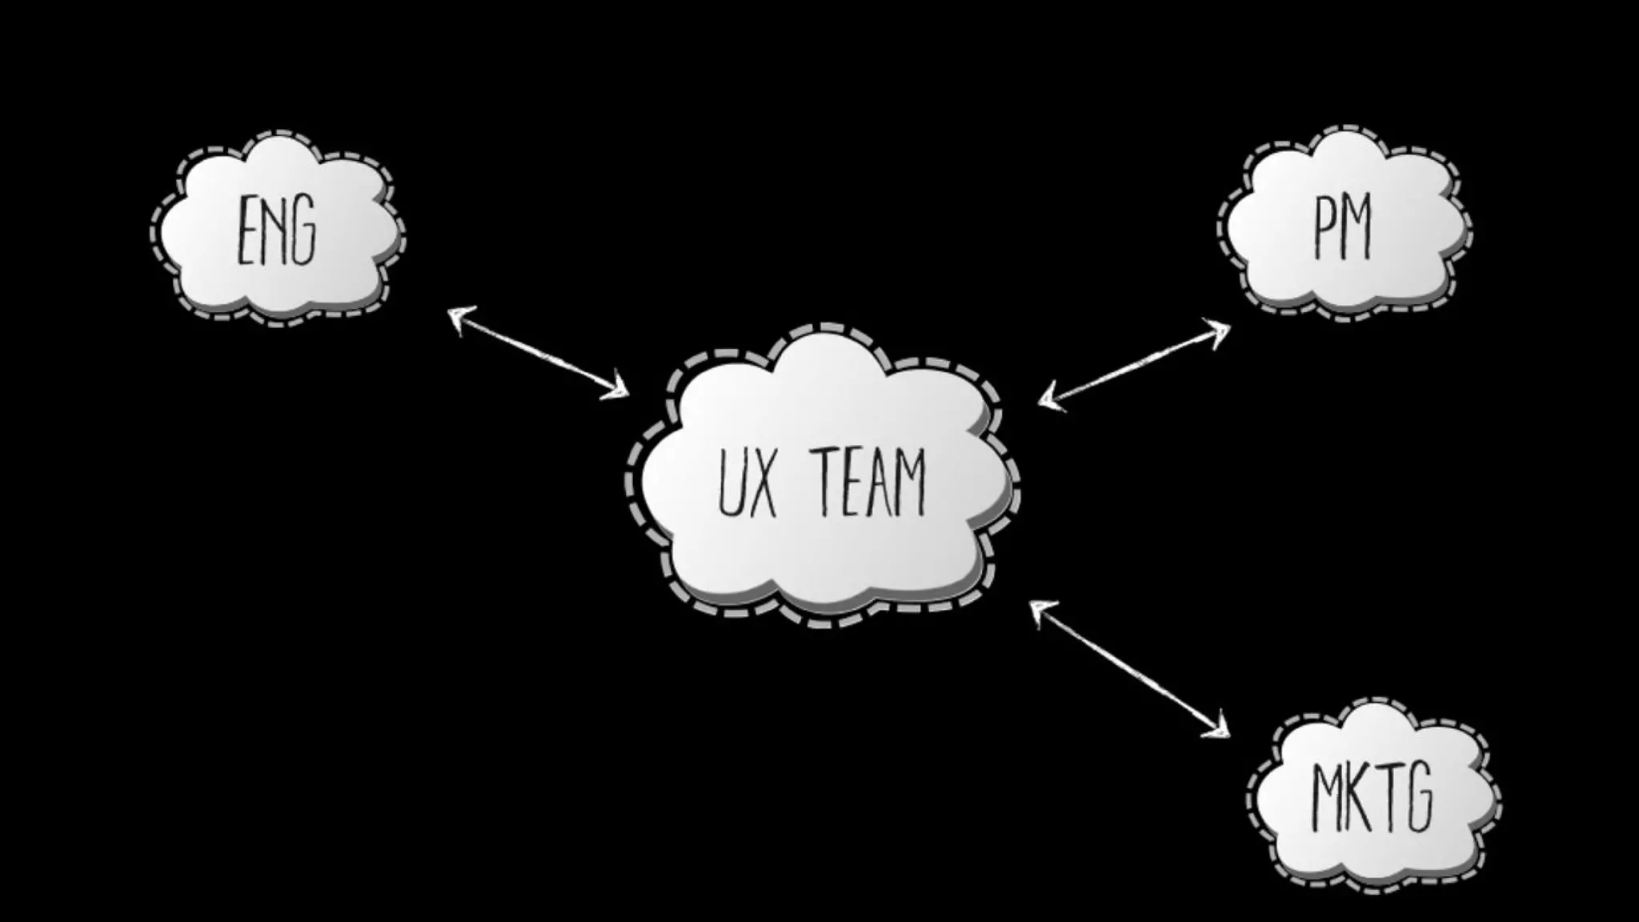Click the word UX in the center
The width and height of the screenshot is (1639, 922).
747,483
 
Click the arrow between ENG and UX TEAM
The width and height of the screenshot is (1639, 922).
538,353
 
